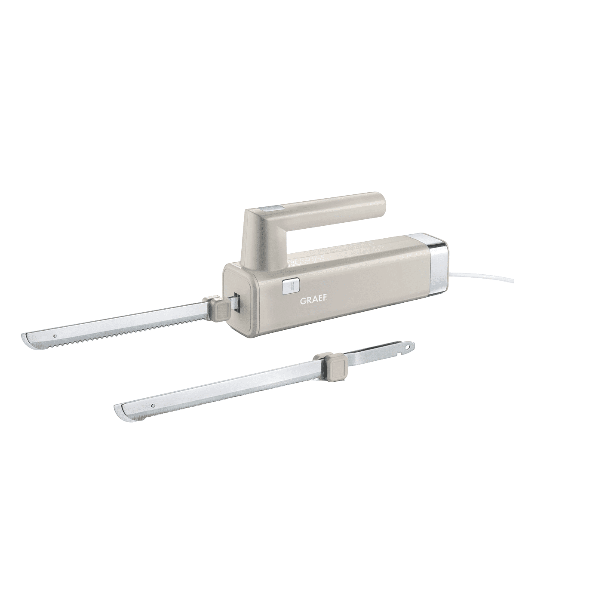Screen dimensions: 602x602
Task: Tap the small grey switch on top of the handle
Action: [x=272, y=208]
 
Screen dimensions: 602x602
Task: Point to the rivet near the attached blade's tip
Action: [x=55, y=336]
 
